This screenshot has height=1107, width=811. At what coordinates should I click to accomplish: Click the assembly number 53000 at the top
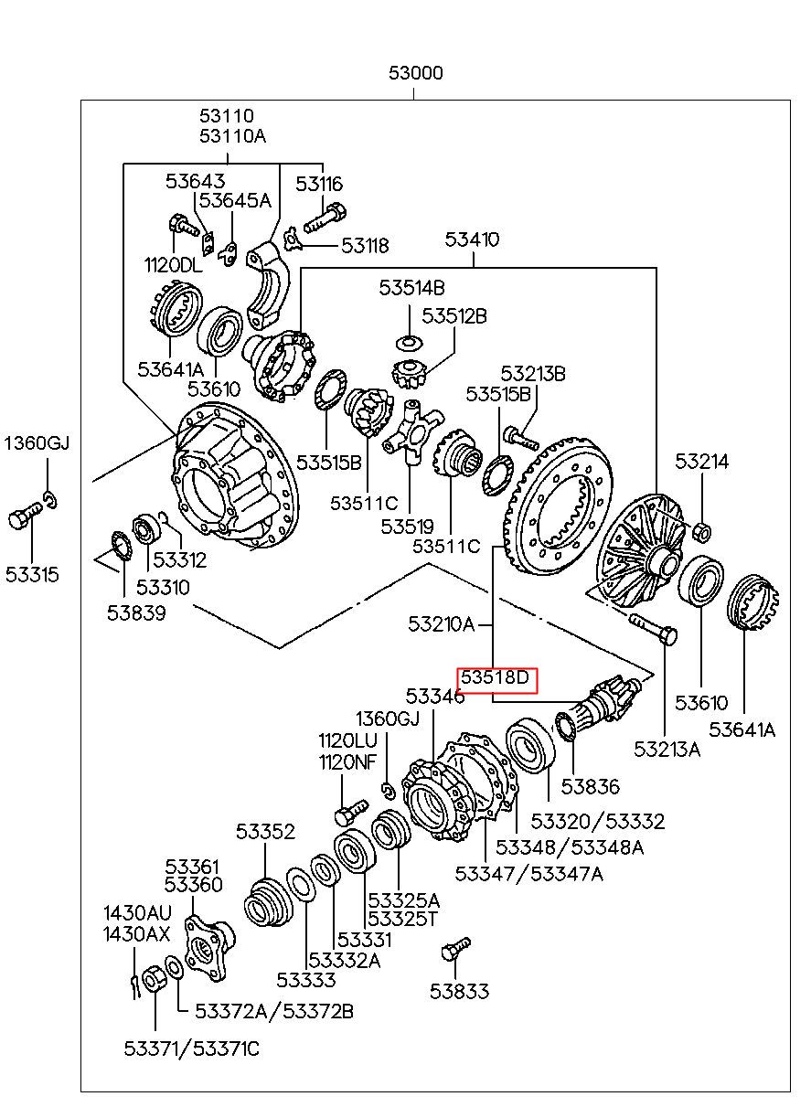click(416, 73)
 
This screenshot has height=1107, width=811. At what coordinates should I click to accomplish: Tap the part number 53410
click(472, 239)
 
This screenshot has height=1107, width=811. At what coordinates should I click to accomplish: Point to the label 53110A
click(233, 135)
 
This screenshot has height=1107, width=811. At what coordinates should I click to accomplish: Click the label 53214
click(702, 462)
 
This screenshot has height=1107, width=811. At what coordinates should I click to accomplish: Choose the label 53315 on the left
click(32, 574)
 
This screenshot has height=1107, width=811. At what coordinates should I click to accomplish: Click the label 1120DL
click(174, 265)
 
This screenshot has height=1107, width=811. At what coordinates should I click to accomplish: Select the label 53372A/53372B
click(274, 1011)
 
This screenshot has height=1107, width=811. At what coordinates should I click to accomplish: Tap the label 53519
click(407, 527)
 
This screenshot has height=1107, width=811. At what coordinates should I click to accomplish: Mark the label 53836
click(590, 786)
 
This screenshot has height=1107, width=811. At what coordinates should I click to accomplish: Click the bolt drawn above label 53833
click(455, 948)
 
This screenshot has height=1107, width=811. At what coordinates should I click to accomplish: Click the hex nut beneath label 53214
click(703, 531)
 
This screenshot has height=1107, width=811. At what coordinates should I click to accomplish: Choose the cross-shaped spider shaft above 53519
click(413, 433)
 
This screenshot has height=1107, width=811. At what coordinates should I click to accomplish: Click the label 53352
click(265, 832)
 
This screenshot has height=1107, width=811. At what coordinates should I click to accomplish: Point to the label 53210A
click(442, 624)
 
